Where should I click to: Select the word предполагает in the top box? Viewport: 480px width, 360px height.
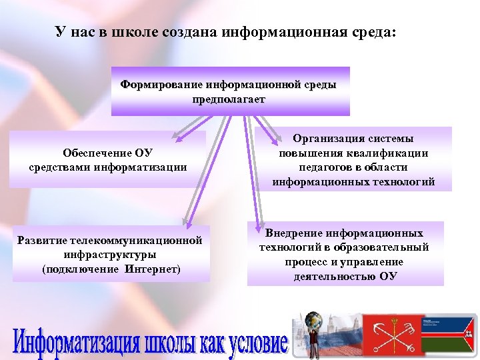[228, 99]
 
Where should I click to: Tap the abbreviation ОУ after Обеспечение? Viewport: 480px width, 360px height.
[143, 153]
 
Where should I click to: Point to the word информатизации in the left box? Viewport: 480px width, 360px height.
[144, 167]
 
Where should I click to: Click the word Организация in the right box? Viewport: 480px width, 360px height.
[329, 139]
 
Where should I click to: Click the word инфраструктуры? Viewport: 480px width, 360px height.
[111, 255]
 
